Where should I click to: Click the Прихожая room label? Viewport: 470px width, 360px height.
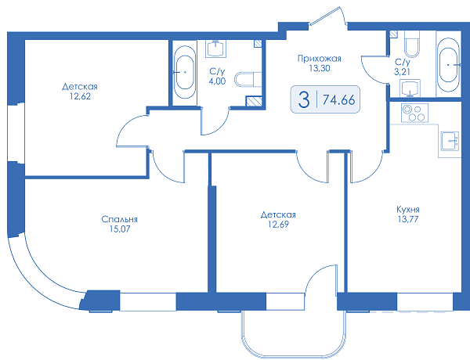point(320,59)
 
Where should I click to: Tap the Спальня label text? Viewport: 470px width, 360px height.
point(119,219)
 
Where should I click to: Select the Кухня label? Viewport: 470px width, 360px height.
point(408,209)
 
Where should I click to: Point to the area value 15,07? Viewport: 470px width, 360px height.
point(120,229)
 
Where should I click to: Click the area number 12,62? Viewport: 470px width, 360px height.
point(80,96)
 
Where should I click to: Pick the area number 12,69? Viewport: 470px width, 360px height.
point(278,224)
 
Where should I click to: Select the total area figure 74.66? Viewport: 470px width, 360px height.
point(338,99)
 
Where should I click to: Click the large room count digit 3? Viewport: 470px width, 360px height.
point(304,99)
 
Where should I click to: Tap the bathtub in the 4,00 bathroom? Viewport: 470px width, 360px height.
point(185,72)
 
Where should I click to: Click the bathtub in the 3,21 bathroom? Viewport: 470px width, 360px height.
point(449,64)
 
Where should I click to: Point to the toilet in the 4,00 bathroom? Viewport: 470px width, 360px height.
point(248,79)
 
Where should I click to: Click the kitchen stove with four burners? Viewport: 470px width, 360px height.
point(414,113)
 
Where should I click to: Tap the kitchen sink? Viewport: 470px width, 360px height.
point(450,141)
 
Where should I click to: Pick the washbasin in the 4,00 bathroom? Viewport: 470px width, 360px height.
point(216,49)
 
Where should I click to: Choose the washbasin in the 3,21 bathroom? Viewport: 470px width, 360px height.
point(410,88)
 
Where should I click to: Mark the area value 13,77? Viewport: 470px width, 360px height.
point(408,219)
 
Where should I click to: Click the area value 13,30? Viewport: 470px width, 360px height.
point(320,68)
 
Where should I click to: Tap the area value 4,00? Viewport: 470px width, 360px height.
point(217,81)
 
